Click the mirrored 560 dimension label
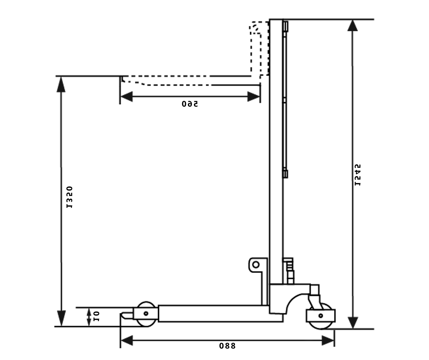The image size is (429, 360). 190,104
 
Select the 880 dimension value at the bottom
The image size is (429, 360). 227,346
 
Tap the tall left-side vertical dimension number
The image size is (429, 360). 69,197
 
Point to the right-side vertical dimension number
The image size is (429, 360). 357,175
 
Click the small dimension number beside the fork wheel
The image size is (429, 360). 96,316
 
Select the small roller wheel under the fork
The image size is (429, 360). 146,314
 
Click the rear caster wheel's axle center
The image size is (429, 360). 321,316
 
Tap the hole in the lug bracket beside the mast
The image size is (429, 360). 256,265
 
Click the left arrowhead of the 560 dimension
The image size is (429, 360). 126,96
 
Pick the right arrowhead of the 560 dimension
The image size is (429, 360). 254,96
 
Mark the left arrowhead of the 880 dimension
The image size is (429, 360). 126,341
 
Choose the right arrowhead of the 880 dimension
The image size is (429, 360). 328,341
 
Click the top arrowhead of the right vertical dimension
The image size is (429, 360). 353,26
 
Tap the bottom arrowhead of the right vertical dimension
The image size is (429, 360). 353,322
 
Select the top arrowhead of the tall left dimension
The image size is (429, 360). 61,84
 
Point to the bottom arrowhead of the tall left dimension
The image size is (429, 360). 62,319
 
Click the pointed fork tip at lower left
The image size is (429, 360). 125,315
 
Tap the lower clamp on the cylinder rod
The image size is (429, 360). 285,174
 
